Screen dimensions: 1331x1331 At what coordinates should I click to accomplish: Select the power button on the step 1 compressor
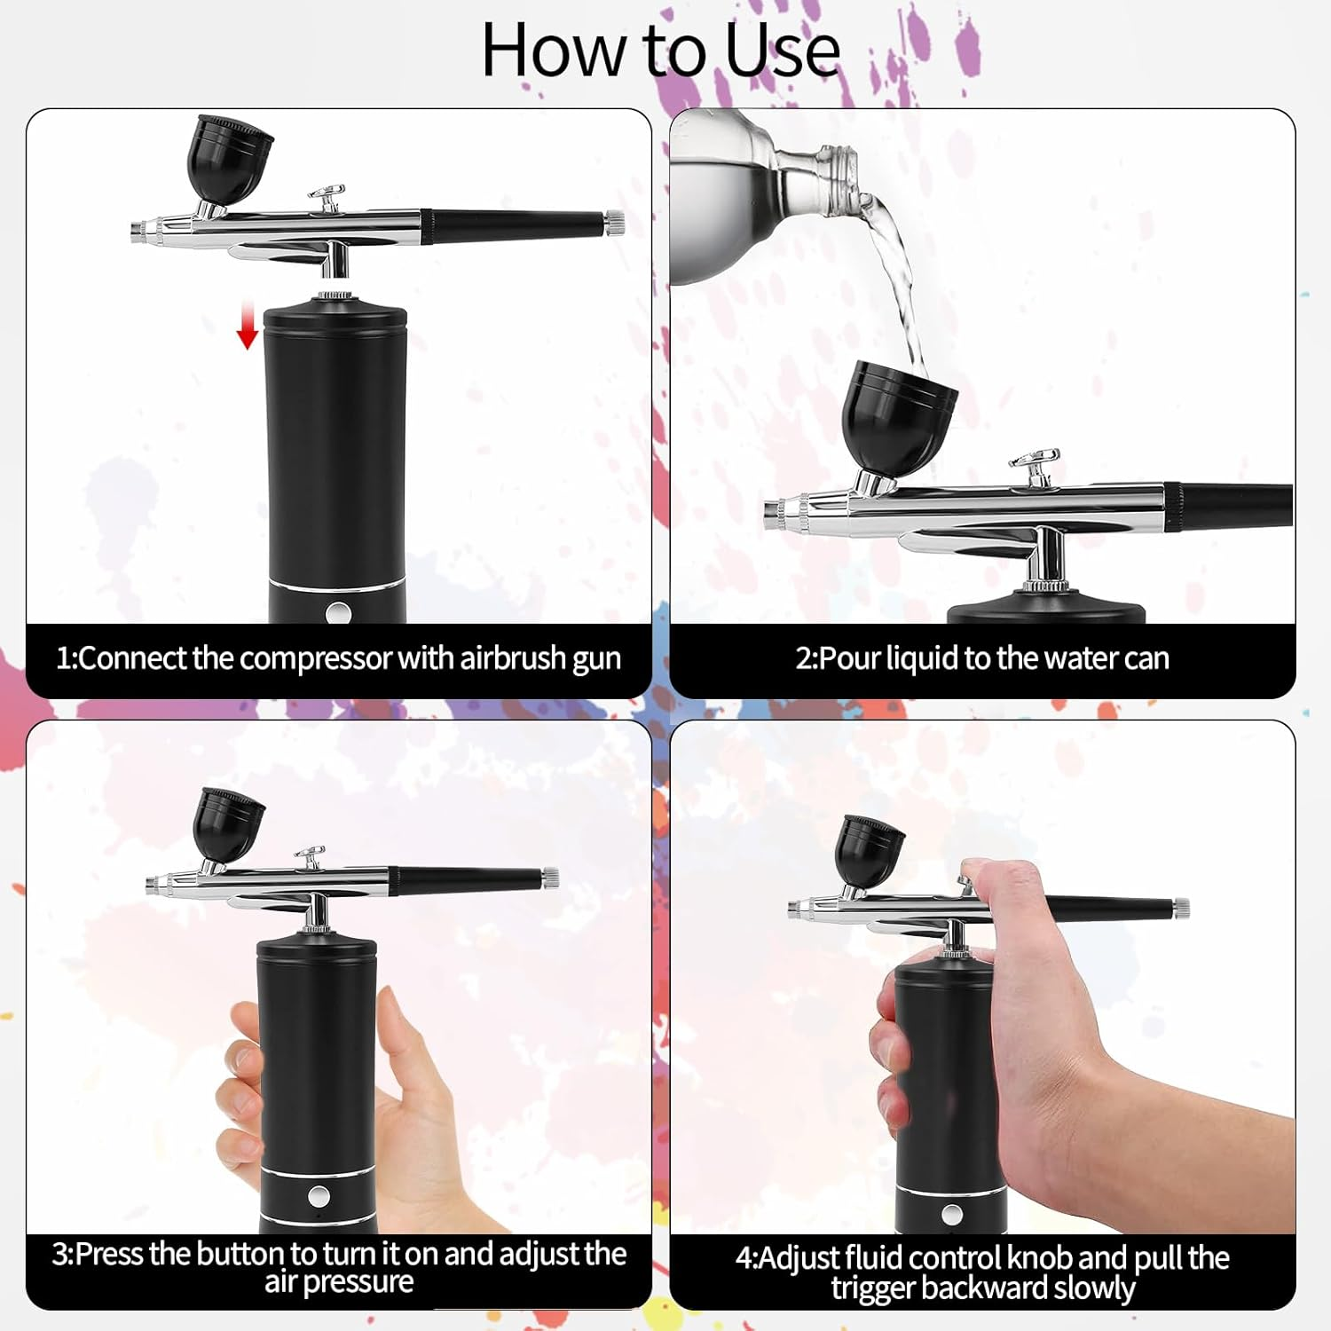click(338, 611)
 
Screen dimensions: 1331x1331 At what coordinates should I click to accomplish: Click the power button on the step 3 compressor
click(319, 1196)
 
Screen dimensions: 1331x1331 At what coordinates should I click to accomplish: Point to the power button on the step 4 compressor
click(952, 1214)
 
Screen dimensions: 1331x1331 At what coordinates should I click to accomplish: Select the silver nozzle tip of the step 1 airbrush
click(137, 231)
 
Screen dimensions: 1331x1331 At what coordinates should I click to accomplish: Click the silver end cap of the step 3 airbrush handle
click(550, 878)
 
